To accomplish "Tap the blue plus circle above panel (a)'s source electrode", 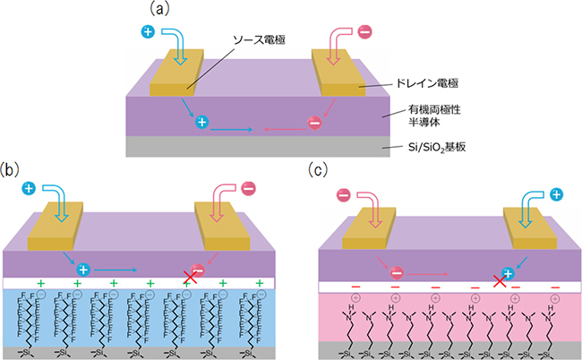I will (149, 32).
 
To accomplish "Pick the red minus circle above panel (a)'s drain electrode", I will (364, 32).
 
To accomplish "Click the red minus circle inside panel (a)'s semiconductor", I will (315, 124).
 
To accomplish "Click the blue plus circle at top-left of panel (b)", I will (29, 189).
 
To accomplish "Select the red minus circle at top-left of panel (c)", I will (344, 194).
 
